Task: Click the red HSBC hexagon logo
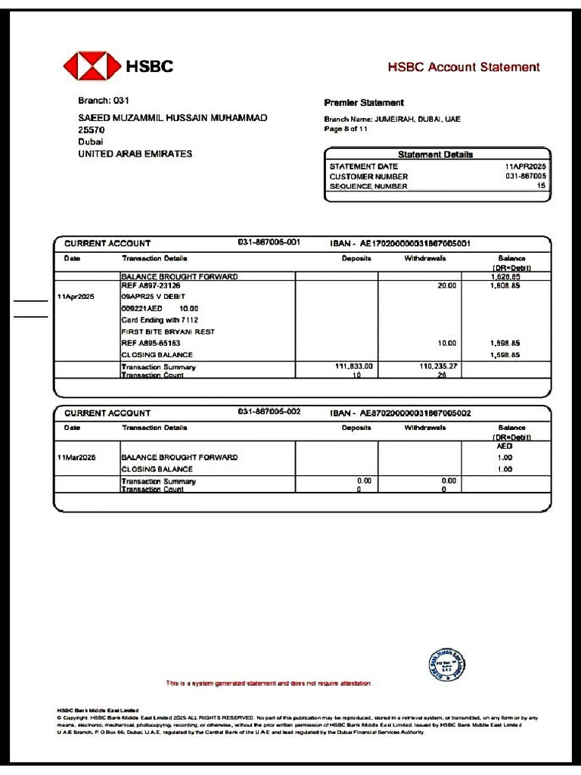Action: [92, 66]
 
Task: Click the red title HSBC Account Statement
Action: [464, 67]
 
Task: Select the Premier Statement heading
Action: [364, 103]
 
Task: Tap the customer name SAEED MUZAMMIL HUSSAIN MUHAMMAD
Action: [172, 118]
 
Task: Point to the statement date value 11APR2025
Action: [525, 167]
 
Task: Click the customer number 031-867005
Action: [526, 176]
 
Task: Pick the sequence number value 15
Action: [541, 185]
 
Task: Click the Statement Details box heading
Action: [435, 154]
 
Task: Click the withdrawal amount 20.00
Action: [447, 286]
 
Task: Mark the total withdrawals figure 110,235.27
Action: [439, 366]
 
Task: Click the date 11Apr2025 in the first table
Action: [76, 297]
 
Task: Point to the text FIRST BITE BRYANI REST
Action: [168, 331]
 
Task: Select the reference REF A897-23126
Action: [151, 286]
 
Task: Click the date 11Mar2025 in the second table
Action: [76, 458]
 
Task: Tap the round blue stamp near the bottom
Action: [446, 666]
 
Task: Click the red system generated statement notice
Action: [269, 683]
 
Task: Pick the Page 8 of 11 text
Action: [346, 129]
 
